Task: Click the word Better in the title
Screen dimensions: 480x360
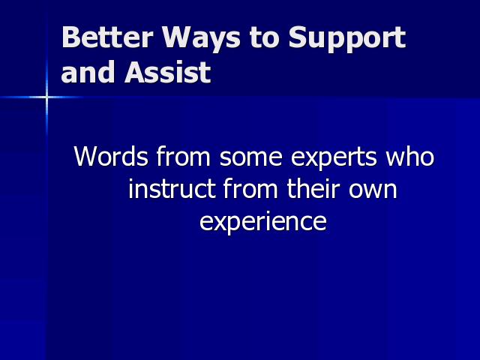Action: (107, 37)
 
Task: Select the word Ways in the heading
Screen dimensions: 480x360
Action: (201, 39)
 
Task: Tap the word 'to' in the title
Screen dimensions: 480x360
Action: (264, 38)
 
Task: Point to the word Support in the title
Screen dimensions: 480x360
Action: (347, 39)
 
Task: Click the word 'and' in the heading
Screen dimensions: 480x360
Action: (88, 72)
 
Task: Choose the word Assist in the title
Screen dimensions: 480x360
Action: (168, 72)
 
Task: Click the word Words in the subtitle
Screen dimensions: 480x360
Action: (111, 156)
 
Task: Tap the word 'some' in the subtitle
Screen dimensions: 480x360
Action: (250, 158)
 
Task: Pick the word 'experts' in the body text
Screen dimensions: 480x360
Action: (333, 159)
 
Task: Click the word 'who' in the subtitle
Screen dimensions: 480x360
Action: (409, 156)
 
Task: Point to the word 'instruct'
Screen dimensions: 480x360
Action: (172, 188)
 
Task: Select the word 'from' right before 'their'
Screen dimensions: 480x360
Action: (250, 188)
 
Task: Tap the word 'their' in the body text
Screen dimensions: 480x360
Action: (313, 188)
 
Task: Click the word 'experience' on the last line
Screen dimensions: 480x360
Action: (263, 222)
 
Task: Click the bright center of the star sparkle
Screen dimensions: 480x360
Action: (46, 97)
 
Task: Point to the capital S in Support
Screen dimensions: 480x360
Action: (298, 37)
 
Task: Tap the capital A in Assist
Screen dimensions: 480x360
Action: (135, 72)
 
